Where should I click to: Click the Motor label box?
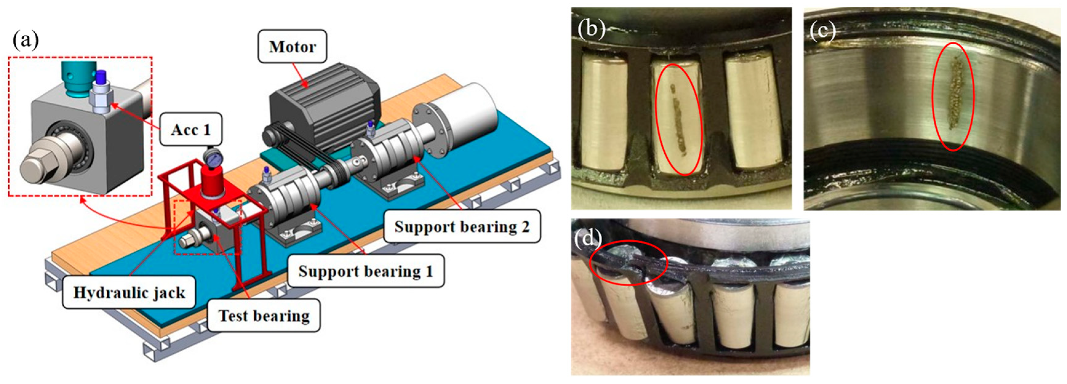(293, 46)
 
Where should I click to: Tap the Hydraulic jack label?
(129, 292)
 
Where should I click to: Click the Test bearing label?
(264, 316)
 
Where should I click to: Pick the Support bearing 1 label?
(365, 271)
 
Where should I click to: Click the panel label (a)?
(26, 40)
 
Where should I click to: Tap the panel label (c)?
(822, 30)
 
